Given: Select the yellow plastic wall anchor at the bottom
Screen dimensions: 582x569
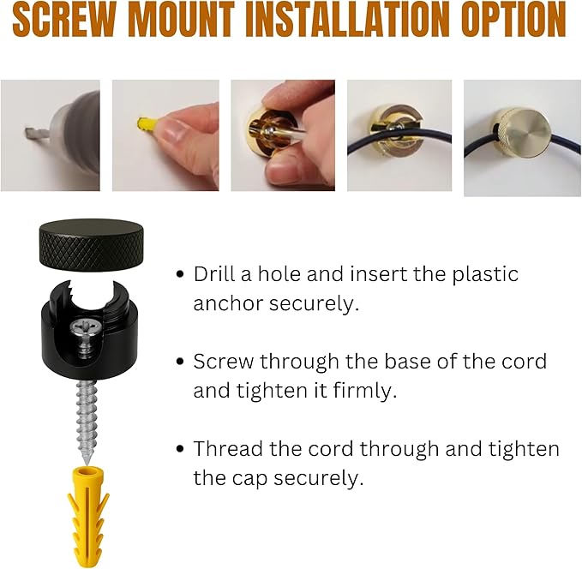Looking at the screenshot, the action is click(x=88, y=518).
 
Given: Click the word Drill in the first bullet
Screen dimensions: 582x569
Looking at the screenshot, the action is click(x=214, y=274).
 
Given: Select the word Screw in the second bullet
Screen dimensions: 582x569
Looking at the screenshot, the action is click(x=224, y=361).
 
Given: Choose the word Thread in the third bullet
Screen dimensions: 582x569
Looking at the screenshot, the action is click(x=228, y=448).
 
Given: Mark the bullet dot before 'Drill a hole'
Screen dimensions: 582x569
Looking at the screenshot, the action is click(x=180, y=274).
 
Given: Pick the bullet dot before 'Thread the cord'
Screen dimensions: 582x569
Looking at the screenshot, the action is click(x=180, y=449).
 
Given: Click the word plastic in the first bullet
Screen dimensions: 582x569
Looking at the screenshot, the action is click(x=485, y=275).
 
